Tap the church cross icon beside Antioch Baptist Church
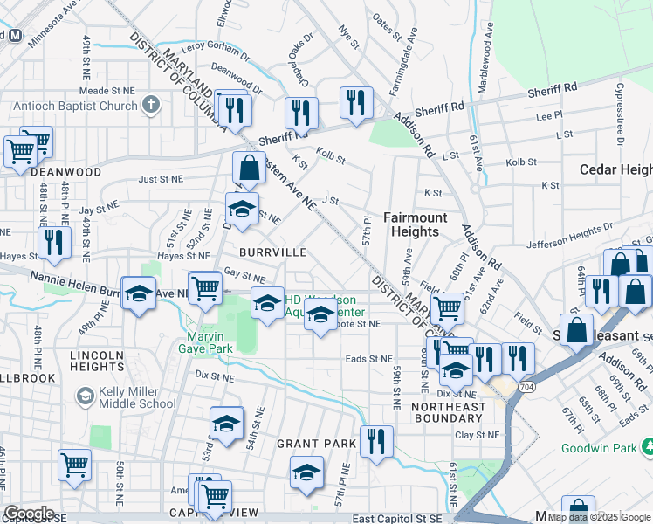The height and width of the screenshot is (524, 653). tap(152, 106)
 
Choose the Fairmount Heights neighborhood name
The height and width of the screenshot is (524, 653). tap(415, 224)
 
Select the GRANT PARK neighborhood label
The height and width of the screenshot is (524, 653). tap(316, 444)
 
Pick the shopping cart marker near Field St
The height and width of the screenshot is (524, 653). tap(447, 307)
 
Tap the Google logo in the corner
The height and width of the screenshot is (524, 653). tap(29, 514)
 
